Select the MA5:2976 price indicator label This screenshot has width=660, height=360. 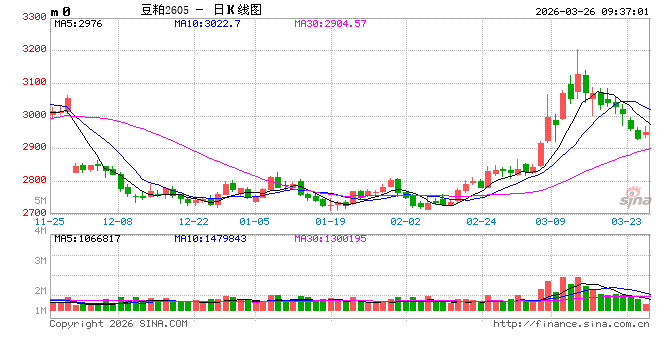[79, 22]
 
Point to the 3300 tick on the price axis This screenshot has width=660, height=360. [33, 17]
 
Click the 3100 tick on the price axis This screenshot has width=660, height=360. [33, 82]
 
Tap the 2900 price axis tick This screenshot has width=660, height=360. [33, 147]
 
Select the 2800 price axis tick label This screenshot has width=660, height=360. [33, 180]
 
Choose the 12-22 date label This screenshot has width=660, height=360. [193, 221]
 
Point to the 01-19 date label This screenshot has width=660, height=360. [330, 221]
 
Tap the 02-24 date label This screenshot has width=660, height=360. [481, 221]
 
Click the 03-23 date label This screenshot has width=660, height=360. [626, 221]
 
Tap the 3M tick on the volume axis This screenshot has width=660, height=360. [40, 260]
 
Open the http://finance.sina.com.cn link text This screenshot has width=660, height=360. [572, 323]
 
